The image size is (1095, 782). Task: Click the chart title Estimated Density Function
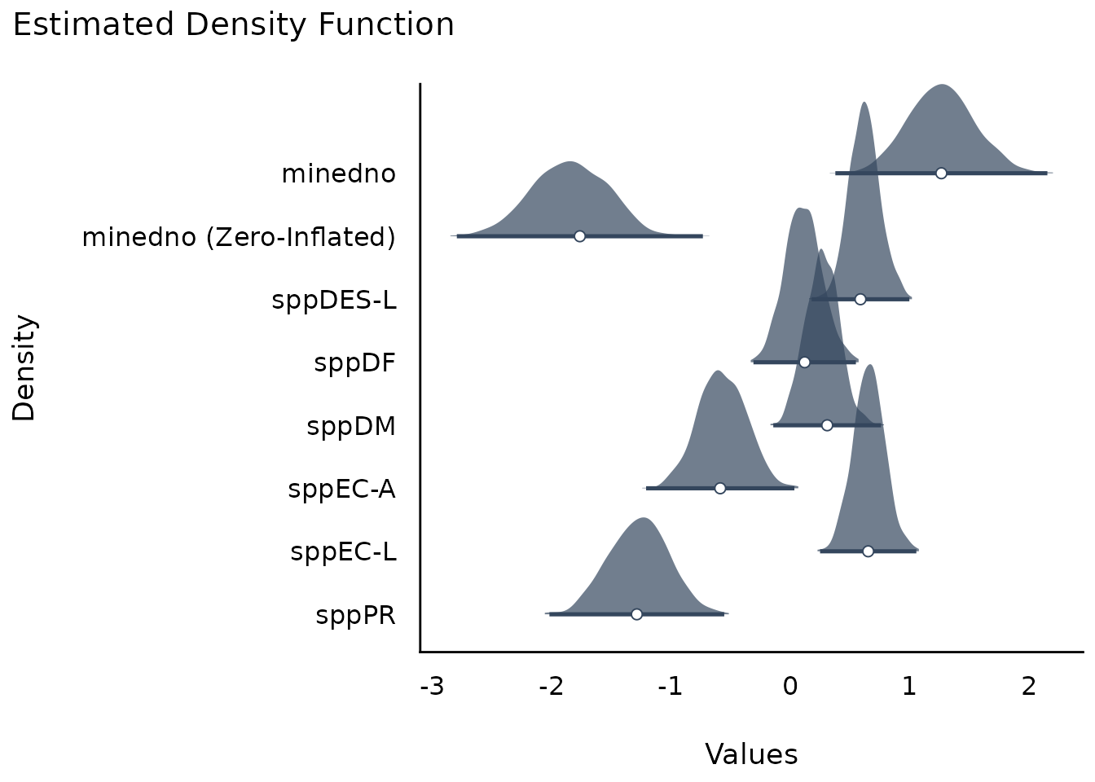[x=233, y=25]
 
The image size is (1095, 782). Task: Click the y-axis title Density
[x=24, y=367]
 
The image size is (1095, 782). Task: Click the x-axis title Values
[x=751, y=754]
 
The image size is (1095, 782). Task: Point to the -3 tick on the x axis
[x=432, y=687]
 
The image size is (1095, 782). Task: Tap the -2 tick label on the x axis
[x=552, y=687]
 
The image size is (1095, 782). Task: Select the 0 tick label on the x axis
[x=790, y=687]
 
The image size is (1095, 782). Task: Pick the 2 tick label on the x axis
[x=1028, y=687]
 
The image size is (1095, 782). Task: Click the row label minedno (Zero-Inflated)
[x=239, y=238]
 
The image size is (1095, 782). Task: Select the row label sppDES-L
[x=334, y=300]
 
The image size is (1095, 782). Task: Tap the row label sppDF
[x=354, y=363]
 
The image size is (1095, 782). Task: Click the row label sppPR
[x=355, y=615]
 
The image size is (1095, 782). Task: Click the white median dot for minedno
[x=941, y=173]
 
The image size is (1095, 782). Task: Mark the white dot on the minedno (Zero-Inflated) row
[x=579, y=236]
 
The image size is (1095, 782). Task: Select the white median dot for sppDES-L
[x=860, y=299]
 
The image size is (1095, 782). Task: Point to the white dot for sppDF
[x=804, y=362]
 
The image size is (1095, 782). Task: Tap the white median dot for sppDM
[x=827, y=425]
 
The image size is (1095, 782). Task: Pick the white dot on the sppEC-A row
[x=719, y=488]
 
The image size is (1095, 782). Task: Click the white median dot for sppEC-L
[x=868, y=551]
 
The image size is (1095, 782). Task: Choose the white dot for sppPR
[x=636, y=614]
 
